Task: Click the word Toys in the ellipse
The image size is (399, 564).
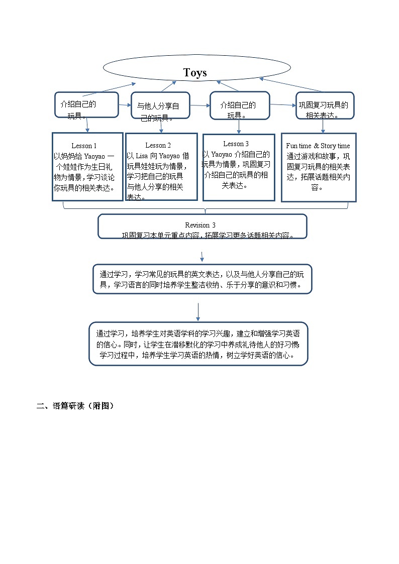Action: [195, 73]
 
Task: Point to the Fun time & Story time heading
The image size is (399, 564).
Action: [318, 146]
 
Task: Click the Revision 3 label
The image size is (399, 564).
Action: [200, 225]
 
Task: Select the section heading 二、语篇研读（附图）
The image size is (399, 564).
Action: [75, 406]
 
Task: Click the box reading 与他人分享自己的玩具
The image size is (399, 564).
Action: [160, 105]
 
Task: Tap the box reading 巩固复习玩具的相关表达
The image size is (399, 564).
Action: [325, 105]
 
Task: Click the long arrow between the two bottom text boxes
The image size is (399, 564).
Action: [198, 311]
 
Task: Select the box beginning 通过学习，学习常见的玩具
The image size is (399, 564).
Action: [203, 279]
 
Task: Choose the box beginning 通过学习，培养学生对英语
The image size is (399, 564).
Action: [198, 344]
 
